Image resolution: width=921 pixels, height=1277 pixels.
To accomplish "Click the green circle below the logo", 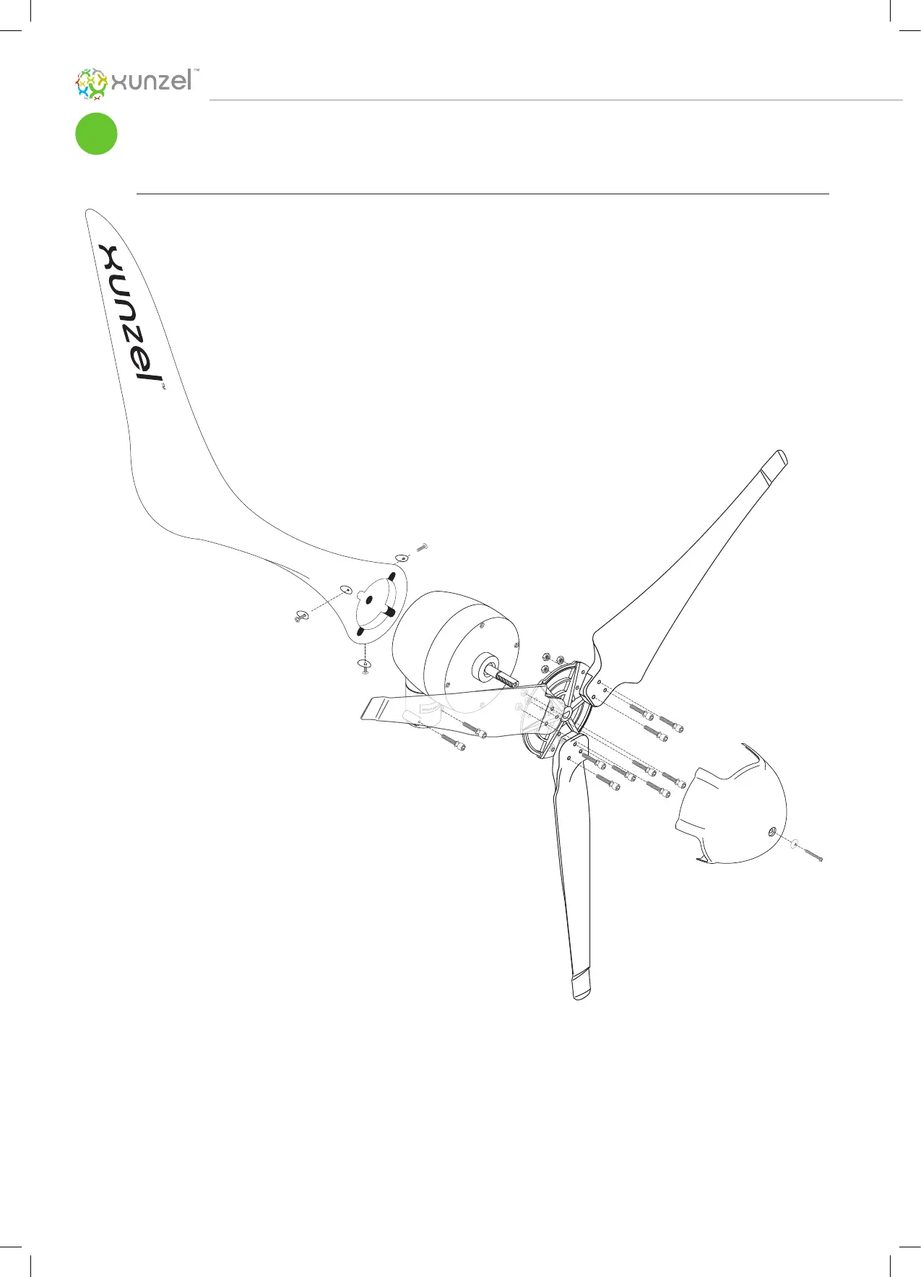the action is (96, 134).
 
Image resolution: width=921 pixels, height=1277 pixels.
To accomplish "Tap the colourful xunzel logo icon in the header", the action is (92, 84).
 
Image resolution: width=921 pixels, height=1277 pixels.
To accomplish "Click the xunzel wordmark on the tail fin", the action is (129, 313).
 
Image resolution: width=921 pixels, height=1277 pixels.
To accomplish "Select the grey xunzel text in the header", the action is (152, 82).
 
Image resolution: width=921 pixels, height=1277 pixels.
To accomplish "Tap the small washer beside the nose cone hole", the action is (794, 844).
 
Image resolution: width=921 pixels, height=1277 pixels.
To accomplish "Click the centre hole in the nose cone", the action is (771, 832).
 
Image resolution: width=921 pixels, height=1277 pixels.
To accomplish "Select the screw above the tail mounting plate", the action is (423, 547).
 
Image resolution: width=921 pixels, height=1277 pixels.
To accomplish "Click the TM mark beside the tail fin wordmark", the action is (163, 387).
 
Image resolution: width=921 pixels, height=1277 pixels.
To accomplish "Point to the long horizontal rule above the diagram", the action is (483, 194).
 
